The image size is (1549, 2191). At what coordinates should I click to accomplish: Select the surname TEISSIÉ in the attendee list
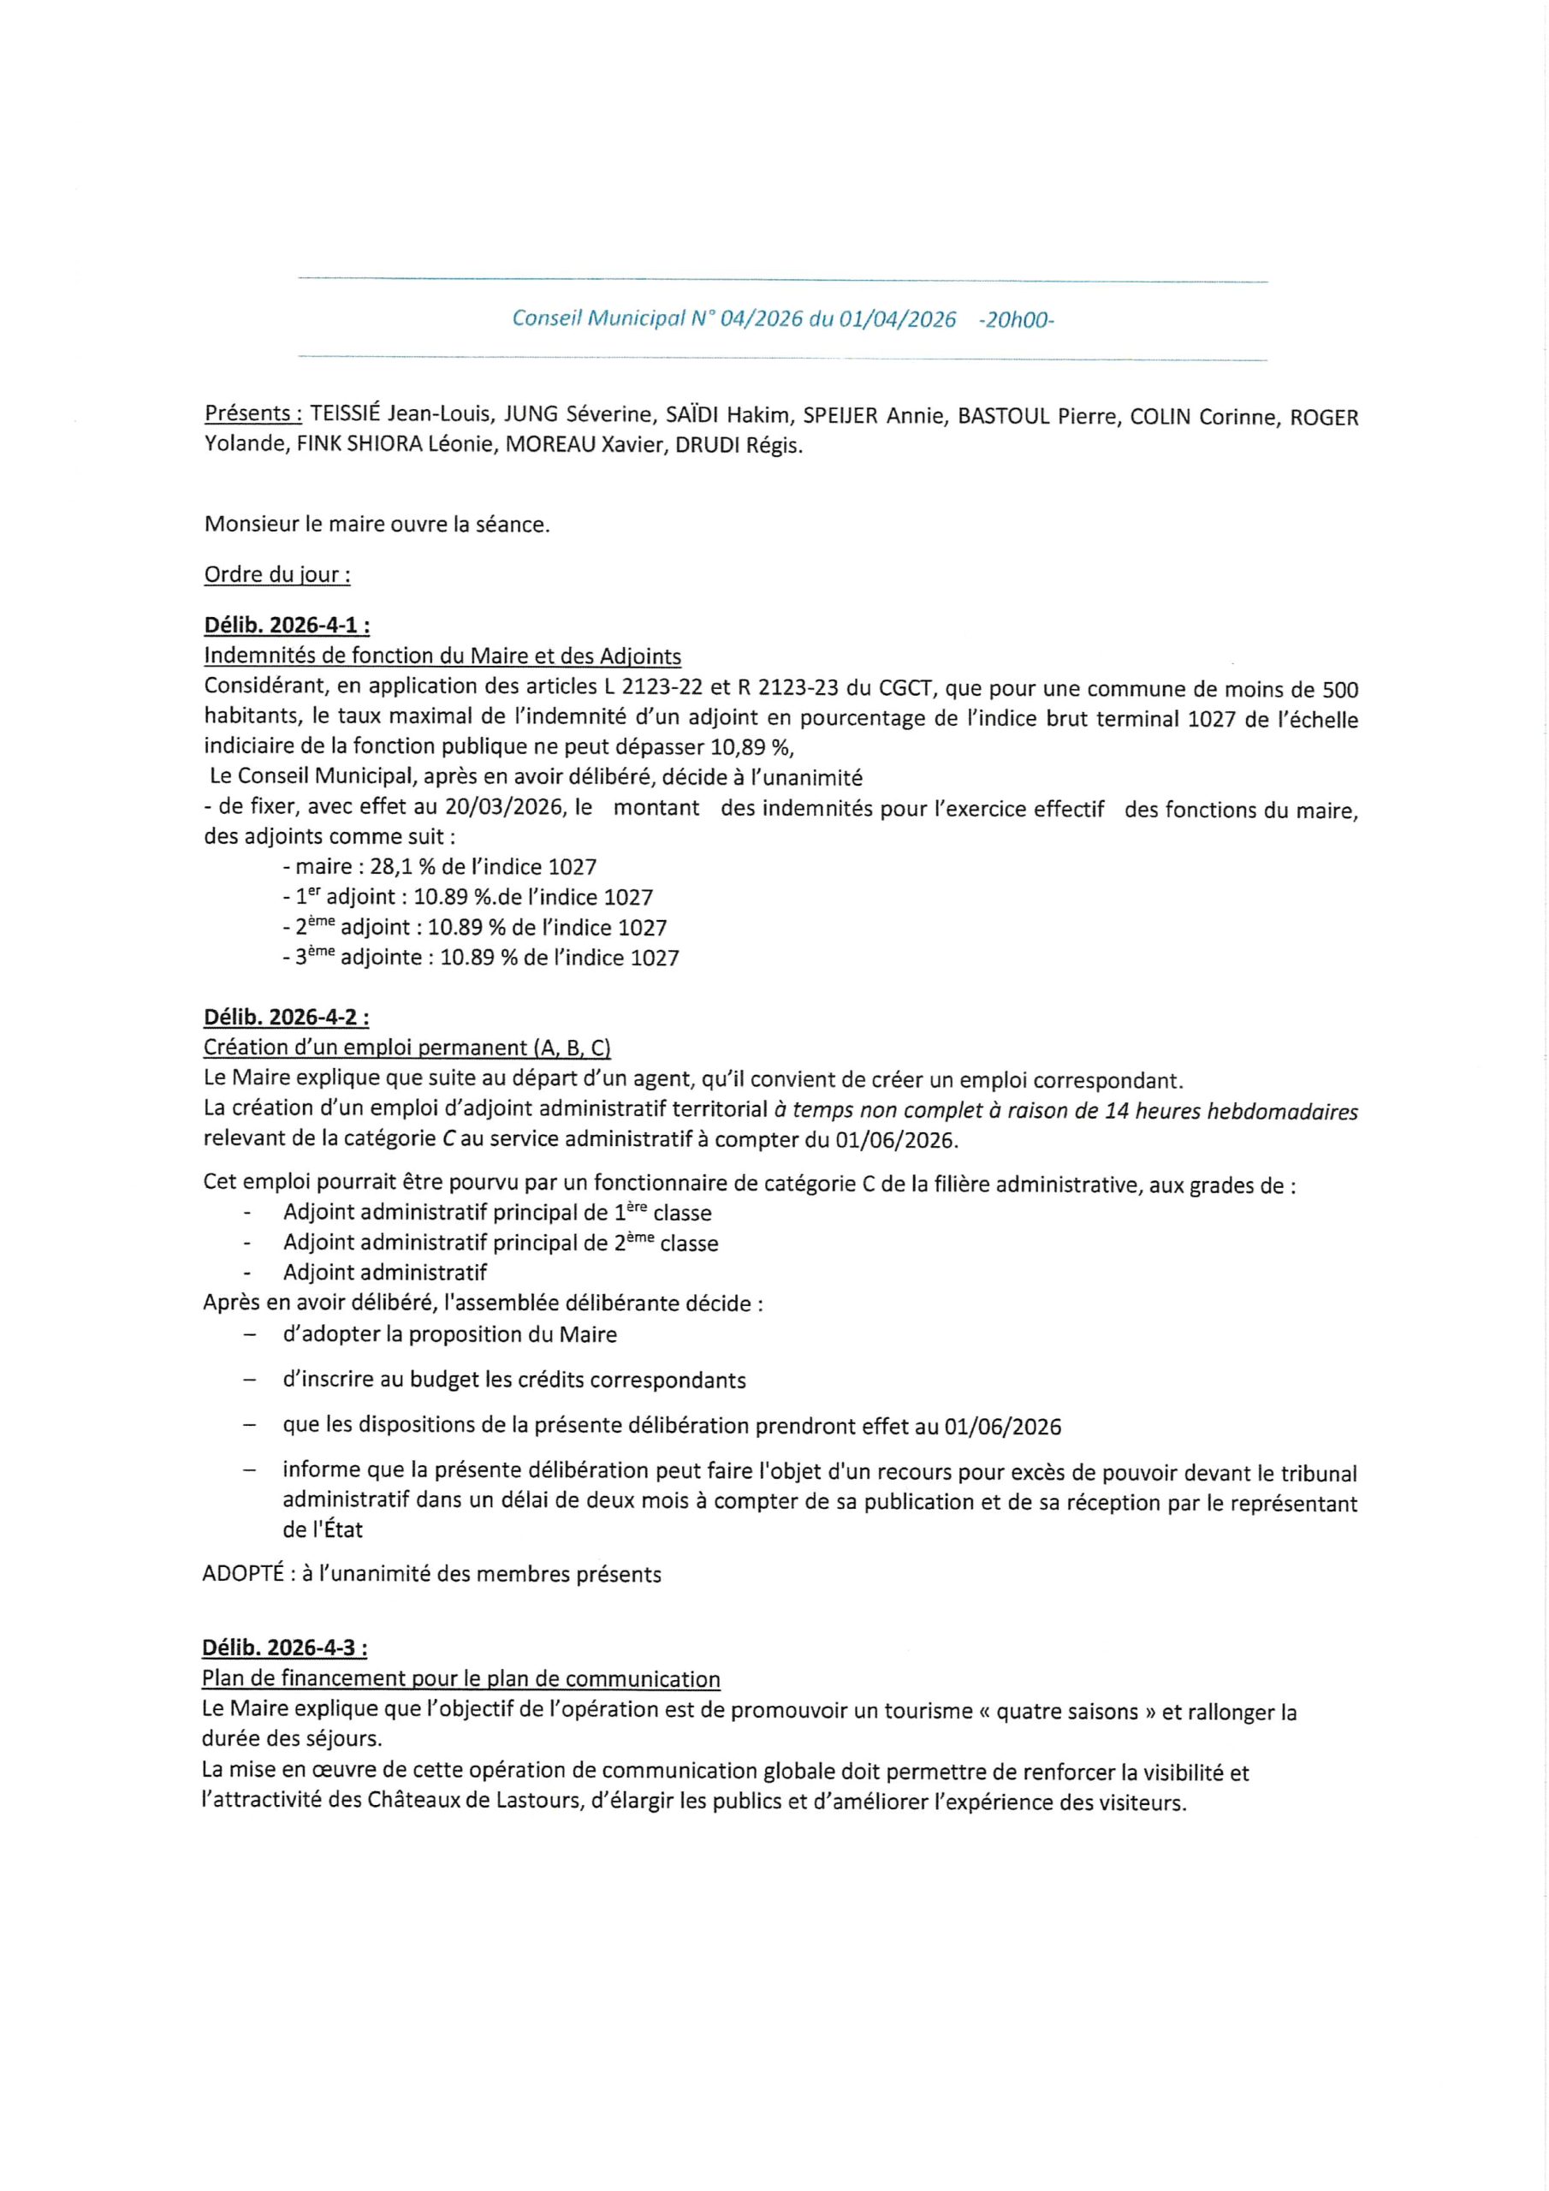[346, 415]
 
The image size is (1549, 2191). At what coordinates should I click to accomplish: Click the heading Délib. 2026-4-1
[287, 626]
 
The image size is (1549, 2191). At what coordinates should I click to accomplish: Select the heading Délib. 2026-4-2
[287, 1018]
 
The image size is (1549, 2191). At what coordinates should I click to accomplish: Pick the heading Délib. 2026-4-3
[284, 1648]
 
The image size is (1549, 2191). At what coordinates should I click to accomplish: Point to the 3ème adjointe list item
[481, 957]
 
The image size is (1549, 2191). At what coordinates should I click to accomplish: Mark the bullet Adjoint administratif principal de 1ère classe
[497, 1213]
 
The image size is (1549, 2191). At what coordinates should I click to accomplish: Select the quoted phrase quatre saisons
[1067, 1712]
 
